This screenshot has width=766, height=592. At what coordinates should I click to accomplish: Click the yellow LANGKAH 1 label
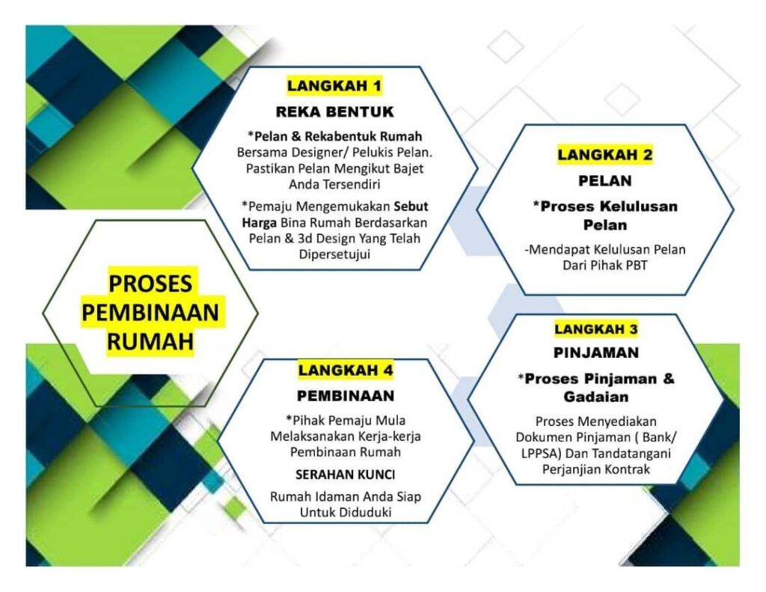[334, 86]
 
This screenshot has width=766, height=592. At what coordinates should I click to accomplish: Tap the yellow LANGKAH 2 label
[604, 155]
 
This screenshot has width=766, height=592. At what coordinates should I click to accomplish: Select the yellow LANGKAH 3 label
[596, 329]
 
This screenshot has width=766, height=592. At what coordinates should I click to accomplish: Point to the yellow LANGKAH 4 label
[346, 370]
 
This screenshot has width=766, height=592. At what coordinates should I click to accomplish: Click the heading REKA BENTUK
[334, 112]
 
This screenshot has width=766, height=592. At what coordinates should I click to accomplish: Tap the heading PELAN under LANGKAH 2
[604, 181]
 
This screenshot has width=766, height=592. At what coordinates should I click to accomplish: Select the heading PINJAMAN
[596, 353]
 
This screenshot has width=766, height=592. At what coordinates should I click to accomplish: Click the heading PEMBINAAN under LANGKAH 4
[346, 395]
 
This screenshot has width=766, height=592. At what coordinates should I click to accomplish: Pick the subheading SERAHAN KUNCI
[346, 474]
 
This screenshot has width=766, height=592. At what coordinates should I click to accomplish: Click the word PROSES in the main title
[150, 284]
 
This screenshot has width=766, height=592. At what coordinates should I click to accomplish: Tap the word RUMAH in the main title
[150, 342]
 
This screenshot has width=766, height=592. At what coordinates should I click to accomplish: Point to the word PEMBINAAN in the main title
[150, 313]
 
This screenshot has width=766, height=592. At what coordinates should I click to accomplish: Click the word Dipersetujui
[334, 254]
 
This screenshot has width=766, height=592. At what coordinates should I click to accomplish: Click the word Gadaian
[596, 397]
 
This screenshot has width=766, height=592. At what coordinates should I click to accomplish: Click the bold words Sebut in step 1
[411, 207]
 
